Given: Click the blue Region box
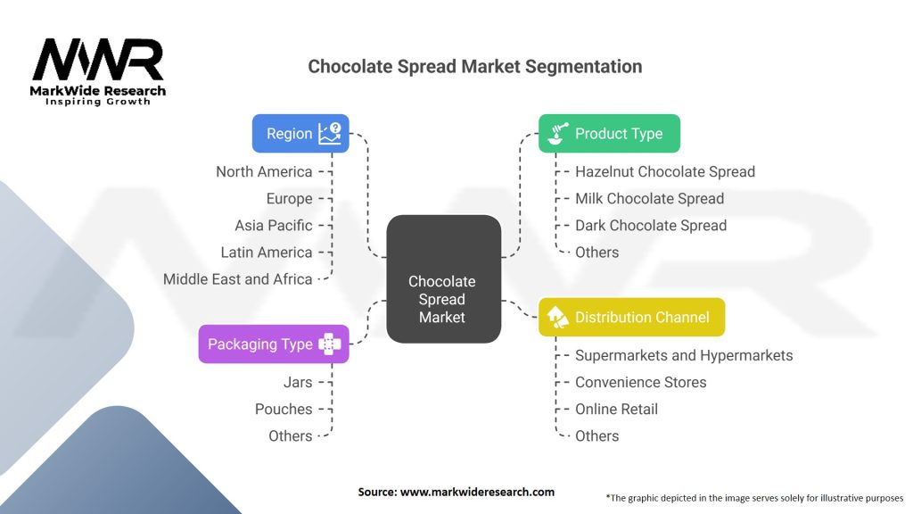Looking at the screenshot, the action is coord(300,134).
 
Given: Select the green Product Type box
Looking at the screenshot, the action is coord(609,134).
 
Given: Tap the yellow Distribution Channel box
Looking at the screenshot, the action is coord(632,317).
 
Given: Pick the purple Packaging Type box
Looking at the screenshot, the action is coord(274,344).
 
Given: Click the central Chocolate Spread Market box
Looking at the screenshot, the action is coord(444,279).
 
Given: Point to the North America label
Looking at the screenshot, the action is coord(264,172).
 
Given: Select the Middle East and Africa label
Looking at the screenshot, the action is coord(237,279).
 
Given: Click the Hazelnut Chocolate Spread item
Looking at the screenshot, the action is coord(665,172).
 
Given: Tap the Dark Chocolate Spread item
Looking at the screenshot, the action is coord(651,226).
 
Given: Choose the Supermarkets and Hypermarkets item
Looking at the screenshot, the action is coord(684,355).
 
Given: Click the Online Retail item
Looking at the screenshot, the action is coord(617,409).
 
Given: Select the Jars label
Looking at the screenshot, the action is coord(298,382).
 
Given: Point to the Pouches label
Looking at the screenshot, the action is coord(284,409).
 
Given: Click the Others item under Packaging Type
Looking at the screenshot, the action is coord(291,435).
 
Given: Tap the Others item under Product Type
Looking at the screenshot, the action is coord(596,253).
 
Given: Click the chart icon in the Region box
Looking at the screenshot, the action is coord(330,134).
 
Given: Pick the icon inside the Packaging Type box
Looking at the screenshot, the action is coord(330,344).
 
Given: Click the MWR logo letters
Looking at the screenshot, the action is coord(98,60).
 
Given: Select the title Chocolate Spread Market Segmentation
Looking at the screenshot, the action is coord(475,66).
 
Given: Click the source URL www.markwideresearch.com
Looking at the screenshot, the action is coord(478,492).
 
